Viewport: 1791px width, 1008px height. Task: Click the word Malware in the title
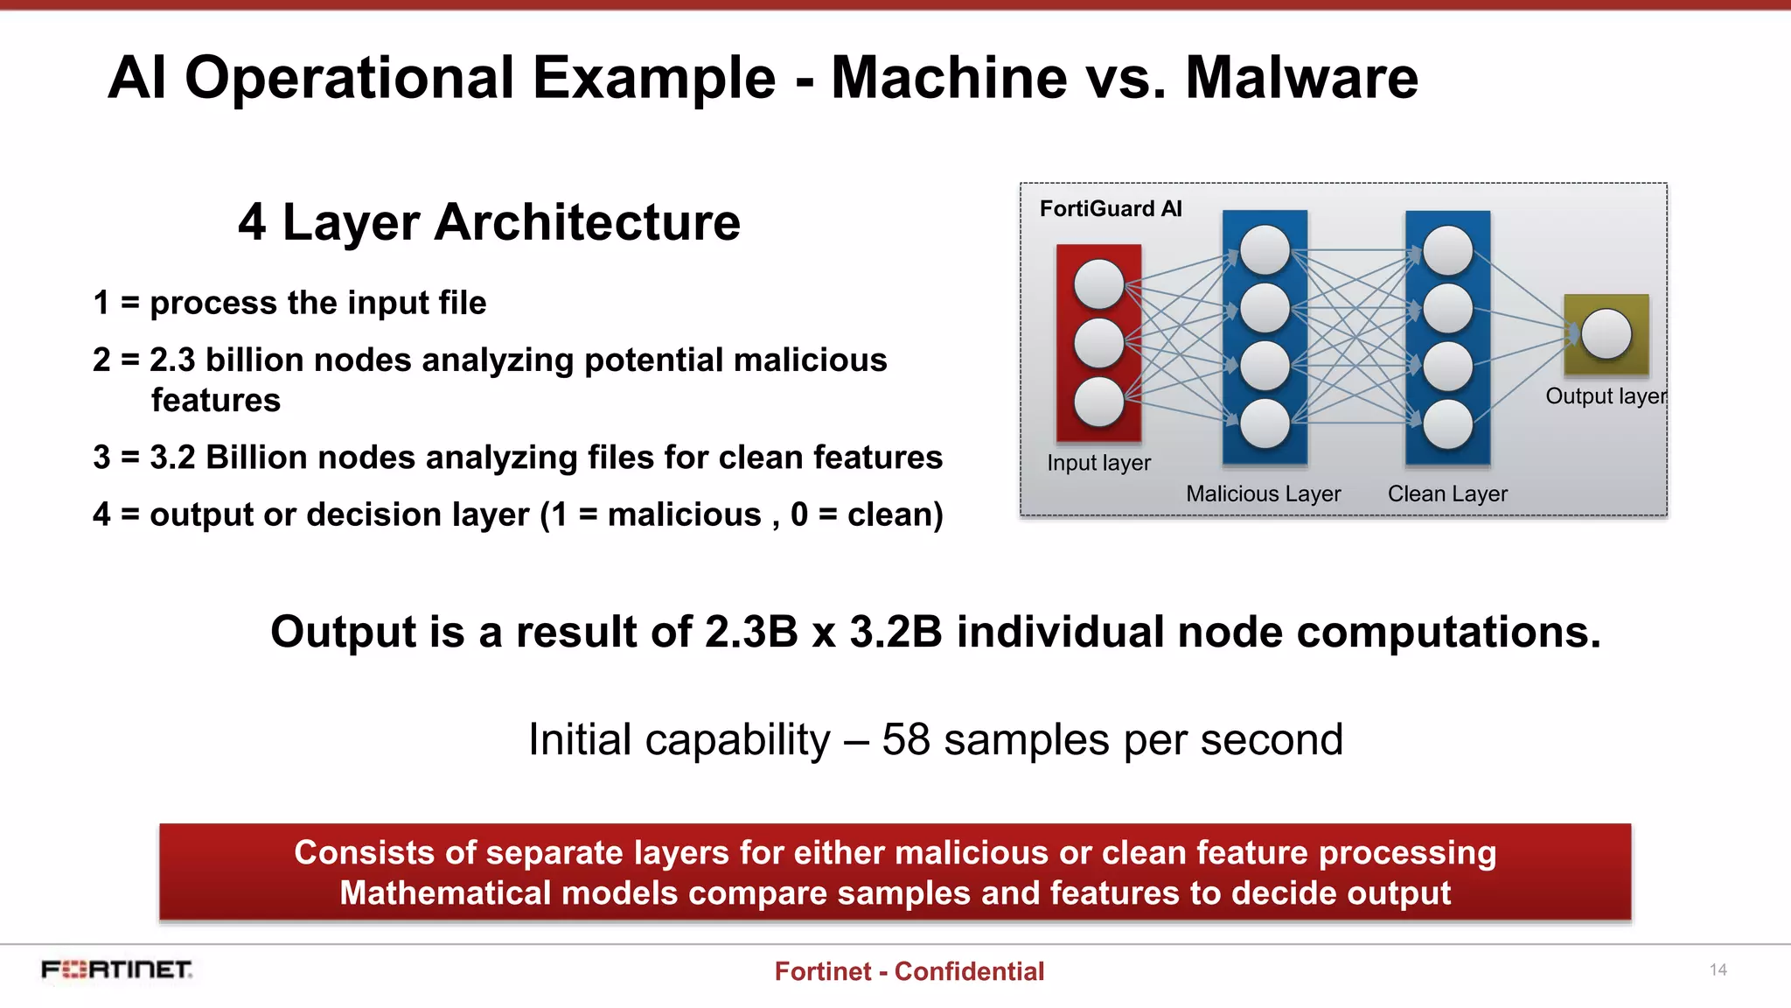click(x=1301, y=79)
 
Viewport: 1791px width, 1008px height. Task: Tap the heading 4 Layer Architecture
click(x=489, y=222)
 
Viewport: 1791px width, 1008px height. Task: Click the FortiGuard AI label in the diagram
click(x=1111, y=209)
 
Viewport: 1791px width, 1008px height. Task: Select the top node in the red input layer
click(x=1098, y=284)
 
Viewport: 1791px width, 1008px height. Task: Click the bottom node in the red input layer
click(x=1098, y=402)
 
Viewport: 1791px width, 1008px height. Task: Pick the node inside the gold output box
click(x=1606, y=334)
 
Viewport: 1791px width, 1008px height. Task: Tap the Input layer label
click(x=1098, y=463)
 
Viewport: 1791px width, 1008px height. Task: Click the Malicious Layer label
click(x=1263, y=494)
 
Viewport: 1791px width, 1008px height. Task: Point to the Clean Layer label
click(x=1447, y=494)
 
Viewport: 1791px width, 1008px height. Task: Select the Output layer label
click(x=1606, y=396)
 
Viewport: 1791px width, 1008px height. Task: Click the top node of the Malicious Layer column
click(x=1265, y=250)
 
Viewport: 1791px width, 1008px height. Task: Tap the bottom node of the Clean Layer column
click(x=1447, y=424)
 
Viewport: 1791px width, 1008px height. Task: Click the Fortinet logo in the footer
click(x=116, y=969)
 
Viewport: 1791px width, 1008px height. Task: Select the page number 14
click(x=1718, y=969)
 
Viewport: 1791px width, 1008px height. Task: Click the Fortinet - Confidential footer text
click(x=909, y=971)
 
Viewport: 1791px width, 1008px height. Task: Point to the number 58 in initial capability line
click(x=905, y=740)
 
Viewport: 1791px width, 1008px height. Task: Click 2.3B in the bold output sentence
click(x=751, y=632)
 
